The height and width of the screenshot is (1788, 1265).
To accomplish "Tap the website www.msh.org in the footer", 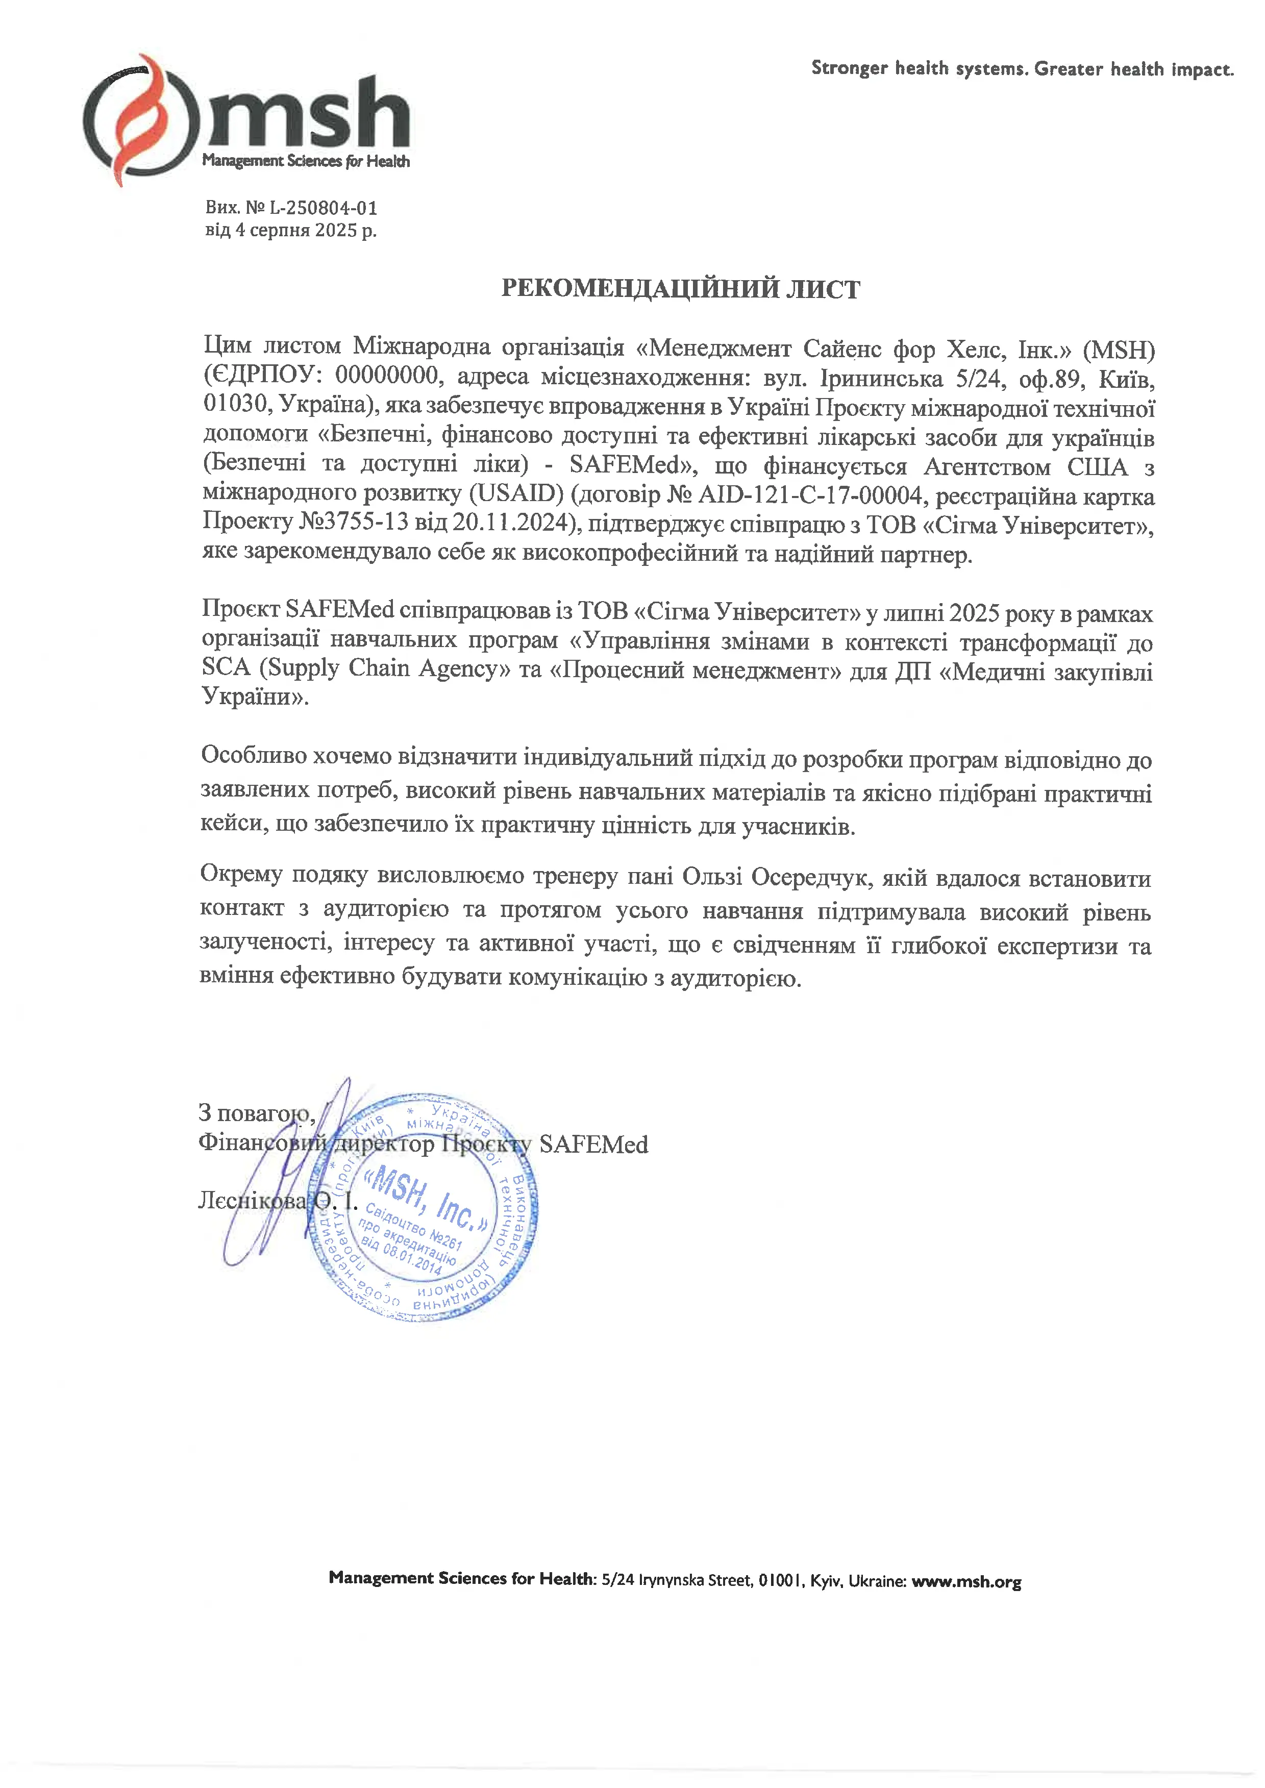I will pyautogui.click(x=966, y=1582).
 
